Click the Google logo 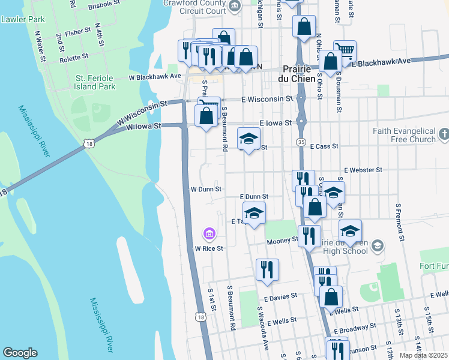point(20,353)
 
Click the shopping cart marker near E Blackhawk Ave point(345,51)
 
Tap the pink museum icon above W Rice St point(209,233)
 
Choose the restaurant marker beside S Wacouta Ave point(267,270)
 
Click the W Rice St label point(208,248)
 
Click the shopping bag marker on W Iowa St point(206,116)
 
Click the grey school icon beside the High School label point(377,245)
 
